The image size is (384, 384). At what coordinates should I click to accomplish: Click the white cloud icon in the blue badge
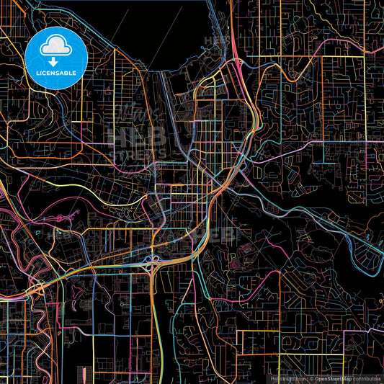coord(56,48)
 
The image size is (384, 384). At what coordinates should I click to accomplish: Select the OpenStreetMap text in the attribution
coord(333,378)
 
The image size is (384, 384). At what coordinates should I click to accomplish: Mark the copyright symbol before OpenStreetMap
coord(311,378)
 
